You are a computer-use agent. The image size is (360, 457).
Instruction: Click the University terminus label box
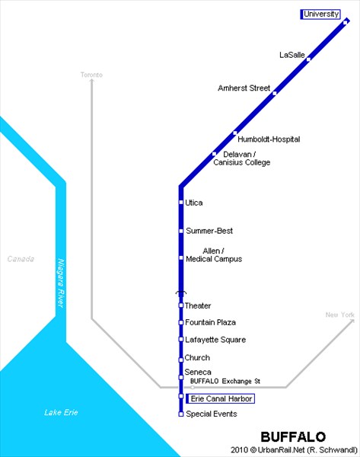[320, 14]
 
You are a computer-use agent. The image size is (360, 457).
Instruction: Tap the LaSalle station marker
[308, 59]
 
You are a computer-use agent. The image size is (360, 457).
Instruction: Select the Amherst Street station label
[244, 88]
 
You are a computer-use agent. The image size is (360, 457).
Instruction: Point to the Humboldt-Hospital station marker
[235, 133]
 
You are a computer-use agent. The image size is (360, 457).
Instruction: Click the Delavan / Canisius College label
[242, 158]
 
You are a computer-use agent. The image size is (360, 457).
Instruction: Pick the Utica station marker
[181, 203]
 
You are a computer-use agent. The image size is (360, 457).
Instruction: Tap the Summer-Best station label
[209, 231]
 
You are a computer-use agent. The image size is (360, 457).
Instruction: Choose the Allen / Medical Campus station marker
[181, 258]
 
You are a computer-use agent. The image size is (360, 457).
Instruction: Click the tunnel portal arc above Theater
[181, 292]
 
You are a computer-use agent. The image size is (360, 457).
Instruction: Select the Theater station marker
[181, 305]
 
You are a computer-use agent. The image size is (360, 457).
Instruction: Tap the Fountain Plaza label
[210, 322]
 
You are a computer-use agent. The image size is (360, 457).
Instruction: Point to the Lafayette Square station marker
[181, 340]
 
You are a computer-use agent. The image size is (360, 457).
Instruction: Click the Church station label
[197, 358]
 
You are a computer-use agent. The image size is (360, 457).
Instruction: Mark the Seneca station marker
[181, 378]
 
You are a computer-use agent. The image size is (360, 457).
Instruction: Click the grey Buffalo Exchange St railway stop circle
[193, 388]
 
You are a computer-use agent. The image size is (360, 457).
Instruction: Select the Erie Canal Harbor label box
[221, 398]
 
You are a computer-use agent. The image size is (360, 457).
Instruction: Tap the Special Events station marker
[181, 414]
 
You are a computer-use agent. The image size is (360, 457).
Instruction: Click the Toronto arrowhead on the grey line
[92, 81]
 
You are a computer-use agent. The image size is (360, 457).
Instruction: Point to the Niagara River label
[61, 283]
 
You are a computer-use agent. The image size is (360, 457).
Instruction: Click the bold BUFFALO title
[293, 437]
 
